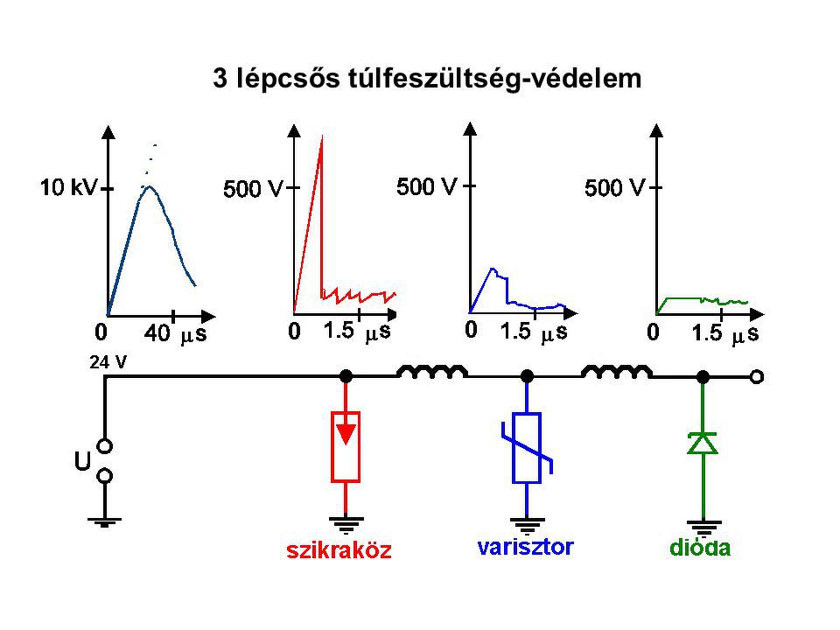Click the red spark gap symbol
(346, 445)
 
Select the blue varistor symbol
(527, 447)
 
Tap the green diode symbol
(703, 444)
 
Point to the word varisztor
(526, 548)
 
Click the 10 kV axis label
(70, 186)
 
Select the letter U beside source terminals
(82, 461)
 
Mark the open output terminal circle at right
(757, 376)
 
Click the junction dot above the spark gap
(346, 376)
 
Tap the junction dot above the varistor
(527, 376)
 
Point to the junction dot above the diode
(703, 376)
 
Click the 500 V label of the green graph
(613, 186)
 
